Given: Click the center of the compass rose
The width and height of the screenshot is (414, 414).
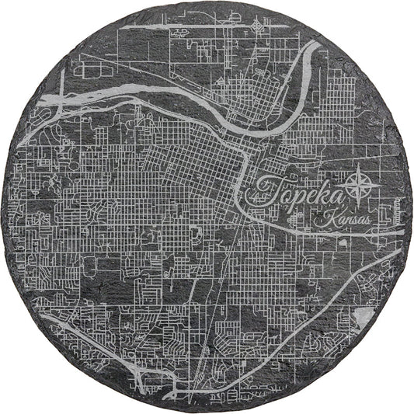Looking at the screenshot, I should [358, 186].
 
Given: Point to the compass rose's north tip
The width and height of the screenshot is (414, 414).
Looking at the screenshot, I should [358, 172].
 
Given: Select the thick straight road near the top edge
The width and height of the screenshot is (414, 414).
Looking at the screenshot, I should [233, 31].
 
